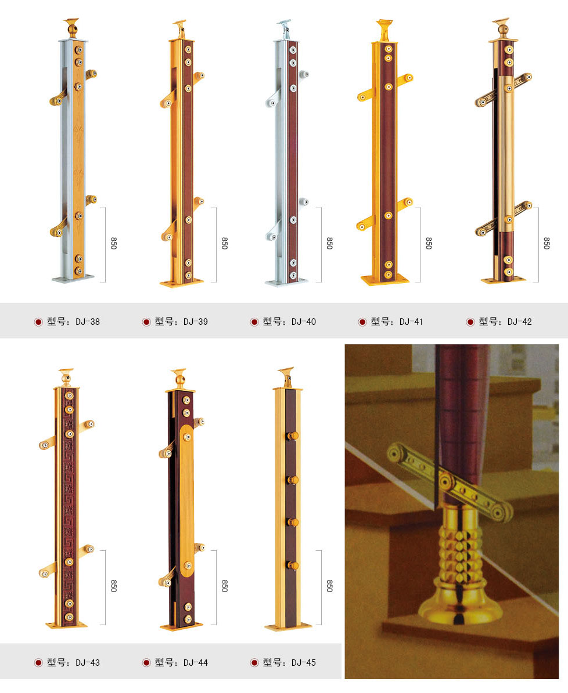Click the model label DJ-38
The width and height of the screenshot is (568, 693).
pyautogui.click(x=73, y=321)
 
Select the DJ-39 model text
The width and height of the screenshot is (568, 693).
pyautogui.click(x=181, y=321)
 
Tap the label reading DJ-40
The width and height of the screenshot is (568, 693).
pyautogui.click(x=289, y=321)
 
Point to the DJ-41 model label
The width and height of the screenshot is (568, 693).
pyautogui.click(x=397, y=321)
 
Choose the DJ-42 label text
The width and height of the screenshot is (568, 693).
pyautogui.click(x=505, y=321)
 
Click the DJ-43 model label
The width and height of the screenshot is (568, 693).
pyautogui.click(x=73, y=662)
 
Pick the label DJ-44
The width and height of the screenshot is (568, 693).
pyautogui.click(x=181, y=662)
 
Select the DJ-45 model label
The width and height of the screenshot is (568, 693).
pyautogui.click(x=289, y=662)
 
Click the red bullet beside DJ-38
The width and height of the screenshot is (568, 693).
pyautogui.click(x=38, y=322)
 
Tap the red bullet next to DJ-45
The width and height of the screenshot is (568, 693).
pyautogui.click(x=254, y=662)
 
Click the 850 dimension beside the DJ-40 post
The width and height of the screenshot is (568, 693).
pyautogui.click(x=329, y=244)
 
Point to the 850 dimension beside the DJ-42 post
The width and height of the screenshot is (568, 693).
pyautogui.click(x=546, y=244)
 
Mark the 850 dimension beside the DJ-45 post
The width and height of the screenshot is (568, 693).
pyautogui.click(x=329, y=586)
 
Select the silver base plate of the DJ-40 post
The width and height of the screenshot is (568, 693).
pyautogui.click(x=286, y=282)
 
